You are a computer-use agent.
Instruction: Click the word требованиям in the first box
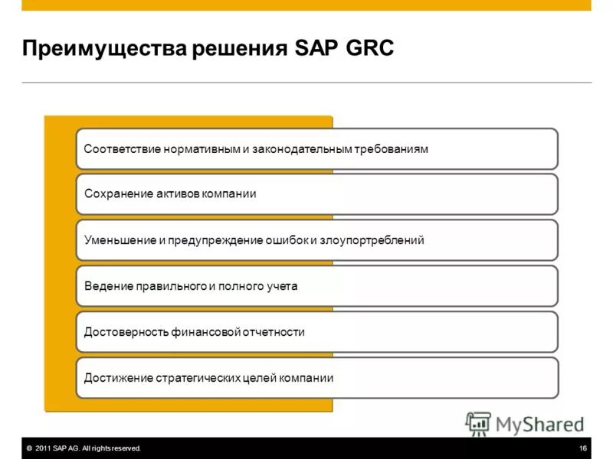tap(391, 148)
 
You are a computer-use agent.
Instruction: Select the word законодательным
tap(302, 148)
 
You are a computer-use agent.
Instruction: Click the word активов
tap(174, 194)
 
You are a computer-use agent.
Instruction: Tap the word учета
tap(281, 286)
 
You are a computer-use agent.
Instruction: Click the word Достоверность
tap(124, 332)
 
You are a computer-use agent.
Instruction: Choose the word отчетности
tap(275, 332)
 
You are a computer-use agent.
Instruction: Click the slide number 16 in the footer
tap(583, 448)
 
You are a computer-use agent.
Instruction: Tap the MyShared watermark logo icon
tap(478, 423)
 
